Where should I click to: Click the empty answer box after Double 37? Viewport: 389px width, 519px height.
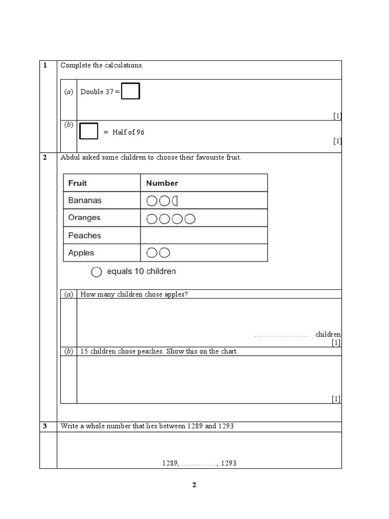click(131, 92)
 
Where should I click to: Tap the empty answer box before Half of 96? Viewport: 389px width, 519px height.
click(89, 131)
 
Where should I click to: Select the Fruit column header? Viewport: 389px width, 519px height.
click(77, 183)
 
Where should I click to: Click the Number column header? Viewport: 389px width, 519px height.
click(162, 183)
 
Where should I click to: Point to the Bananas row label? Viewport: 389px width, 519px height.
click(85, 200)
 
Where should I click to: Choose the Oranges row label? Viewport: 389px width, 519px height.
click(84, 217)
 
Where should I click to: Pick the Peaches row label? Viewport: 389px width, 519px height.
click(85, 235)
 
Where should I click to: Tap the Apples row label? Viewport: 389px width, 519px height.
click(81, 253)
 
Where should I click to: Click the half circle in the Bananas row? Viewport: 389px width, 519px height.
click(175, 201)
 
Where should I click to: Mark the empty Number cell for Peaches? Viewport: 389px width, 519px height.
click(204, 235)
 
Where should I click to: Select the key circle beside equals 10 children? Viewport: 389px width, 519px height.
click(96, 272)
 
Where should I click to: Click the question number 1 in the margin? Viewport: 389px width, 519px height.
click(45, 65)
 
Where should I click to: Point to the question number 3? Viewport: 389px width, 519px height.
click(45, 426)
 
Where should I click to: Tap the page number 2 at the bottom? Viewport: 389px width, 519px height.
click(194, 485)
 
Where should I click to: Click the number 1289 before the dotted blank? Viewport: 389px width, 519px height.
click(170, 463)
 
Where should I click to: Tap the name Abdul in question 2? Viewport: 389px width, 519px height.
click(69, 158)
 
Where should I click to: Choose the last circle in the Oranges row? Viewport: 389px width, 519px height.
click(190, 219)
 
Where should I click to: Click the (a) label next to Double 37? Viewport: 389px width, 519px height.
click(68, 92)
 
